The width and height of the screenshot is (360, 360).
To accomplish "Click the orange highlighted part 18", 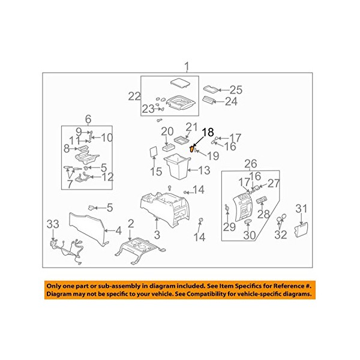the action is pos(191,149).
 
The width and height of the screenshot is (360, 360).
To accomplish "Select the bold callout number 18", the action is pos(208,133).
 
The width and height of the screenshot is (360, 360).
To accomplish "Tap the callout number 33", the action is pos(53,224).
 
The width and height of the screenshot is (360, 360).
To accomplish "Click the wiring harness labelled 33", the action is pos(67,252).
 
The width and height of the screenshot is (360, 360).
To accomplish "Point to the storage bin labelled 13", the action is pos(177,166).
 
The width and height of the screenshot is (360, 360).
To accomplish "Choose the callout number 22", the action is pos(134,97).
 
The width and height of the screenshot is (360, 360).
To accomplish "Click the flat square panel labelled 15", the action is pos(154,152).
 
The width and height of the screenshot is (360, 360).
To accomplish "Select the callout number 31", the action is pos(301,209).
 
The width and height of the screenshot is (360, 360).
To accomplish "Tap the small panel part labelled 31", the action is pos(301,230).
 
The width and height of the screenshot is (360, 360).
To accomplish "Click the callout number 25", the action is pos(236,90).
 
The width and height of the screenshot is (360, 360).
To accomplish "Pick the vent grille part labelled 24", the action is pos(209,100).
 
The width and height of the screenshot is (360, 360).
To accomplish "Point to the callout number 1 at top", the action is pos(187,67).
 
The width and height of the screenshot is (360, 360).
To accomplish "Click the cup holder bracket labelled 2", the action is pos(140,251).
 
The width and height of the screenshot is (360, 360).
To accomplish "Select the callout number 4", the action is pos(118,230).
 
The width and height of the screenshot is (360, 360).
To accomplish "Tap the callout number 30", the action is pos(250,235).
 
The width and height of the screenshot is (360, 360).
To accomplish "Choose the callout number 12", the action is pos(107,177).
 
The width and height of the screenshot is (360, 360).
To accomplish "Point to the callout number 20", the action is pos(167,132).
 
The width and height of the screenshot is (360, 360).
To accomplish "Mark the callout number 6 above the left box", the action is pos(88,119).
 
